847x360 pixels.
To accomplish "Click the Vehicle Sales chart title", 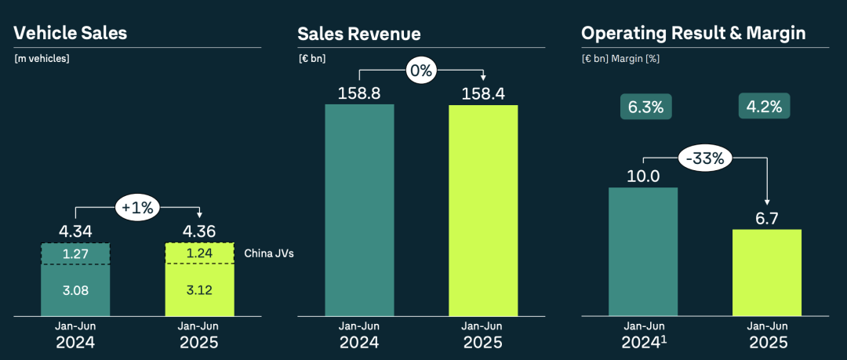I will click(x=71, y=33).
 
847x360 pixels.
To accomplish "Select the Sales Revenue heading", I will click(x=359, y=34).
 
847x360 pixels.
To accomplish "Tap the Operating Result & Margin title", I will click(x=693, y=33).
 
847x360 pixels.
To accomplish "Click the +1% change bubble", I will click(x=136, y=208).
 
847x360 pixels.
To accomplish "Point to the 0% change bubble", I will click(x=420, y=71).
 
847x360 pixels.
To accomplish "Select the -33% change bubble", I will click(x=705, y=158).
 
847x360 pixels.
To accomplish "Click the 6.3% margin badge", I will click(x=646, y=107).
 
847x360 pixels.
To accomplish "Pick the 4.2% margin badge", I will click(x=765, y=107).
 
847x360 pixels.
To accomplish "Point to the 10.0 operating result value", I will click(x=643, y=176).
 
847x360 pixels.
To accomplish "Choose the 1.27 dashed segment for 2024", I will click(x=75, y=253).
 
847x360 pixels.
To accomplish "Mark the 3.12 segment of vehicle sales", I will click(x=199, y=289).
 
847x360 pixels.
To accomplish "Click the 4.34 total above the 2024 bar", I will click(x=75, y=232).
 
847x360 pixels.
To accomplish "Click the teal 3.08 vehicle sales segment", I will click(x=75, y=289).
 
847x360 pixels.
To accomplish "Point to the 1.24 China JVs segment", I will click(x=199, y=253).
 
